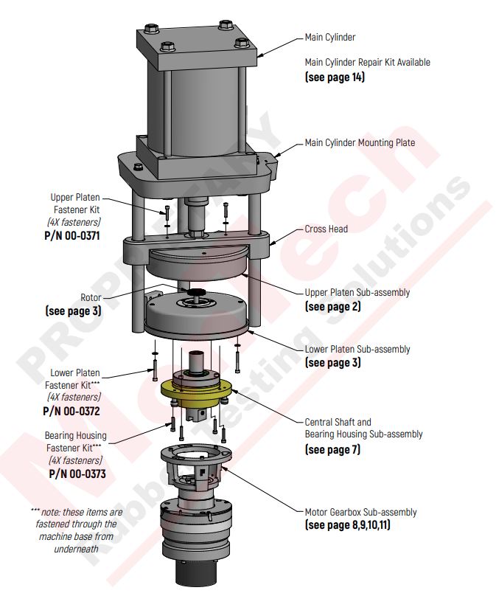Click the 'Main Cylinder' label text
[x=329, y=37]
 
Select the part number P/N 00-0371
[x=72, y=237]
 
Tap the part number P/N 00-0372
[x=72, y=411]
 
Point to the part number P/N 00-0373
[x=77, y=474]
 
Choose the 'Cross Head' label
[x=326, y=229]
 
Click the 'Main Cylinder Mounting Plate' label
[x=360, y=143]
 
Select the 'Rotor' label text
[x=91, y=297]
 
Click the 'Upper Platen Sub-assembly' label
[x=357, y=293]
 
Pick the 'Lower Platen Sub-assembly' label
[x=357, y=350]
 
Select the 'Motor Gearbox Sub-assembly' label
[x=360, y=512]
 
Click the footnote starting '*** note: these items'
[x=77, y=530]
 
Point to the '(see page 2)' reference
[x=332, y=306]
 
